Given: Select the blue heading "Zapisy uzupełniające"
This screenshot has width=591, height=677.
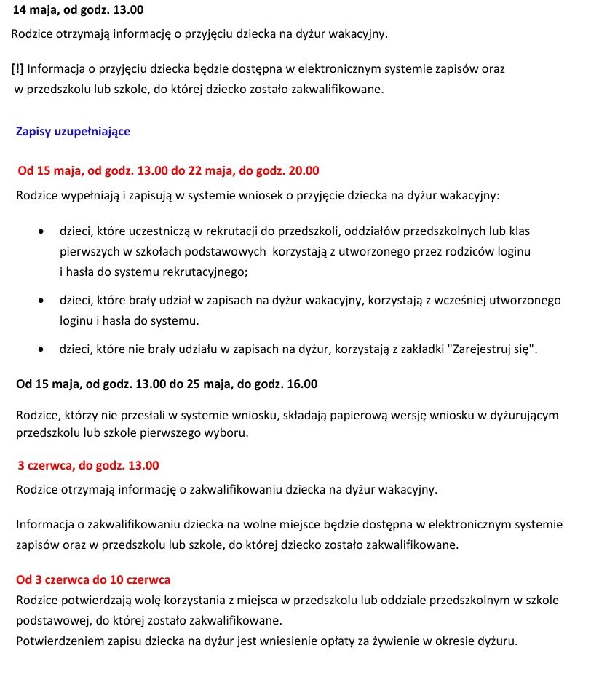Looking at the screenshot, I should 73,132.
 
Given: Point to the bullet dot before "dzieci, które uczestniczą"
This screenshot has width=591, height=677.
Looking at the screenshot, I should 43,232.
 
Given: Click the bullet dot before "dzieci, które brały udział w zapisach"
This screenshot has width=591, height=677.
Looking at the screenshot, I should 43,300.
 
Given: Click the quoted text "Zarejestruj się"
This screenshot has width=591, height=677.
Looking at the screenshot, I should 495,349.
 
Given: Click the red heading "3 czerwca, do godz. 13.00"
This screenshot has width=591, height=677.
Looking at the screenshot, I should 88,465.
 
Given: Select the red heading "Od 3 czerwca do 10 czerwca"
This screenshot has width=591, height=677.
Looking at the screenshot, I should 93,580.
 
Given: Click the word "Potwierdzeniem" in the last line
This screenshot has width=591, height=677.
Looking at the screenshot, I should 56,641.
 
